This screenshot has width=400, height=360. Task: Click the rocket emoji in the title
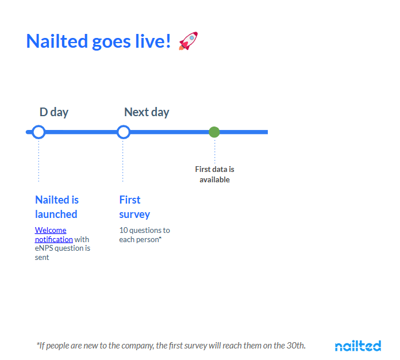tap(189, 41)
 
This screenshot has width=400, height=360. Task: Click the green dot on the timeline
tap(214, 132)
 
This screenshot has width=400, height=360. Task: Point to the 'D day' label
tap(54, 112)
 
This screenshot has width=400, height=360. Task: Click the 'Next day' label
tap(147, 112)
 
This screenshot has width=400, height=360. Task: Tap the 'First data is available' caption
tap(214, 174)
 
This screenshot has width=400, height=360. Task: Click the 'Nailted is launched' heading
tap(57, 207)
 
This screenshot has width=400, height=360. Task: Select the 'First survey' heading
tap(134, 207)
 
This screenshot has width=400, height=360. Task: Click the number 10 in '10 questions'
tap(124, 230)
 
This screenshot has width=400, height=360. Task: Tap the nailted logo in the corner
tap(358, 346)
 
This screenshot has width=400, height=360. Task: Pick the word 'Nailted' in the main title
tap(57, 41)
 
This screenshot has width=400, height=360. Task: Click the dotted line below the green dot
tap(215, 151)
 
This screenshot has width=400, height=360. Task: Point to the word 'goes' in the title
tap(111, 42)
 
